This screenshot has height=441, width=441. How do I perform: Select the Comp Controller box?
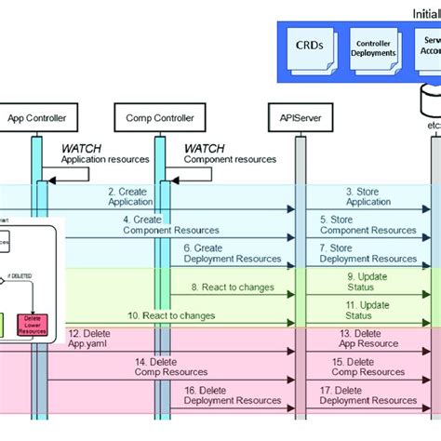coord(159,118)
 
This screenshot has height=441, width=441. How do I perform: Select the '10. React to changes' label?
coord(171,315)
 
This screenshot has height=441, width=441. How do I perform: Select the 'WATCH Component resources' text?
coord(229,154)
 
